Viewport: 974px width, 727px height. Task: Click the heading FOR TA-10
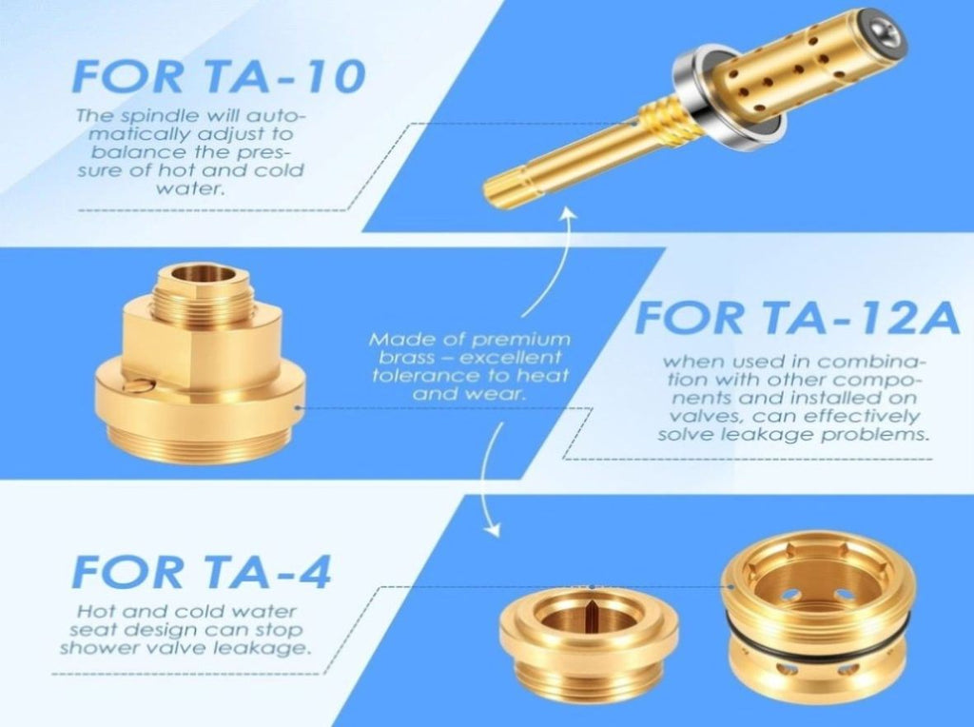219,76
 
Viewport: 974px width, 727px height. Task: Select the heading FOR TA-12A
797,317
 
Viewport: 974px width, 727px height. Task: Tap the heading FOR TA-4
202,572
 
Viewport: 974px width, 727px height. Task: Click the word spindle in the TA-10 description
157,116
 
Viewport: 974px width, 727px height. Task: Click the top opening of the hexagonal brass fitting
204,273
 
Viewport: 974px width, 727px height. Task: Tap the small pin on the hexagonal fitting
138,386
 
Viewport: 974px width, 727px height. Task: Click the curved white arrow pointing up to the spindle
555,261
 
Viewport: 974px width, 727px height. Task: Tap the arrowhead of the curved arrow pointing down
492,527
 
